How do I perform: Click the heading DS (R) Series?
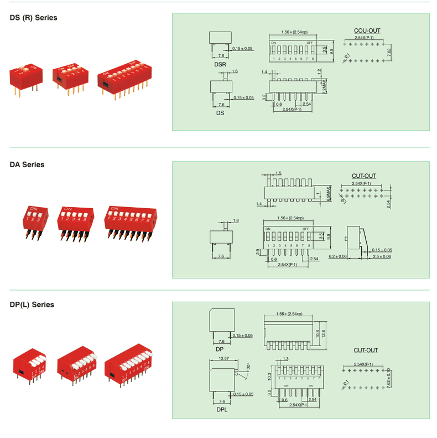(33, 18)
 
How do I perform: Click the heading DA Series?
(27, 164)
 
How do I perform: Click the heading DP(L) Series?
(32, 305)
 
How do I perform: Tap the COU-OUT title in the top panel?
(367, 31)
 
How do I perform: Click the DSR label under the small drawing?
(220, 64)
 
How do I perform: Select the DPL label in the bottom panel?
(221, 410)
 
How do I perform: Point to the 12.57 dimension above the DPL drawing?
(224, 359)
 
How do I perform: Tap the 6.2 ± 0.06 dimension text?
(338, 256)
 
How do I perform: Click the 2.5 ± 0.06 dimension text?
(381, 256)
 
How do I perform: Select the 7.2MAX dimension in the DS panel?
(325, 87)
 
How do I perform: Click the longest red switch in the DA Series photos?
(132, 220)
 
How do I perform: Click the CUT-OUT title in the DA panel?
(364, 176)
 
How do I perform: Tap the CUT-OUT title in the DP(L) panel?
(366, 351)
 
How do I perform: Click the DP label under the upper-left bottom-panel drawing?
(220, 350)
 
